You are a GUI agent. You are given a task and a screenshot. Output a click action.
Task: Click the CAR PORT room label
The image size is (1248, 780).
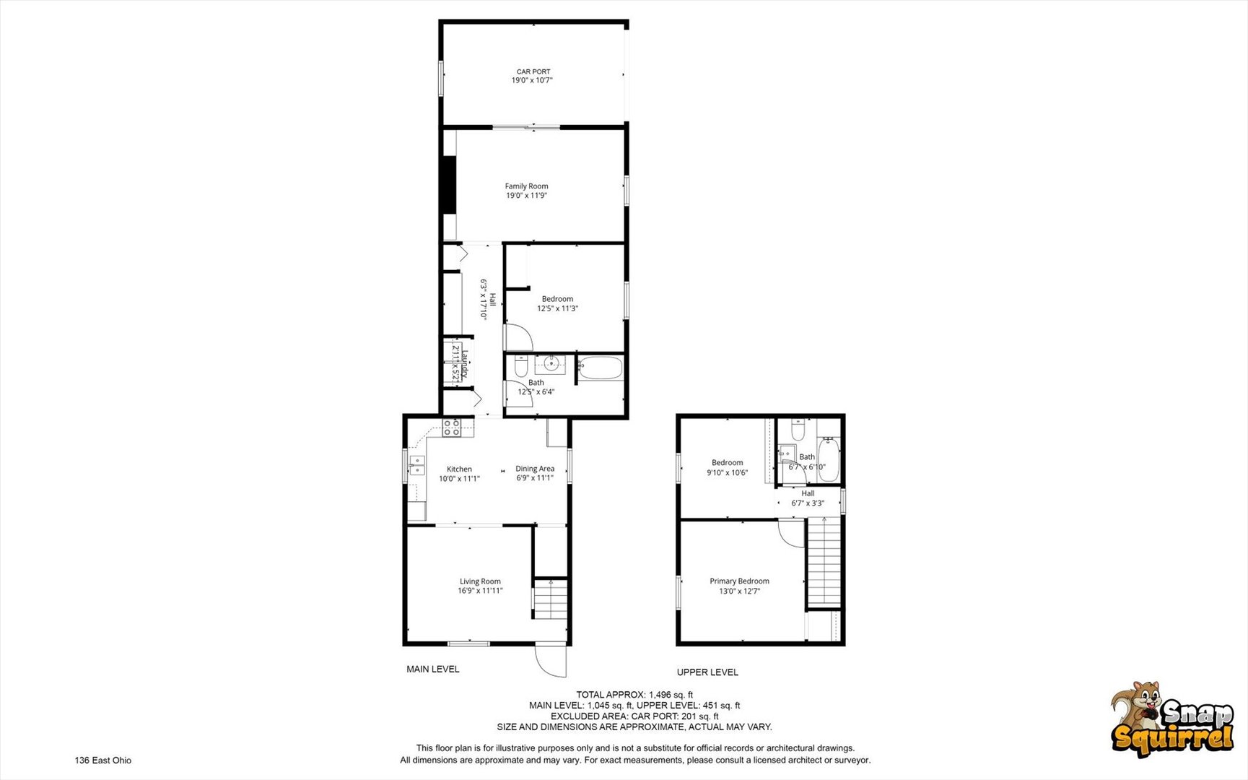[533, 71]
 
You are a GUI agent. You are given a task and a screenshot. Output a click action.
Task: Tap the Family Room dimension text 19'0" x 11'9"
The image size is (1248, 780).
[526, 196]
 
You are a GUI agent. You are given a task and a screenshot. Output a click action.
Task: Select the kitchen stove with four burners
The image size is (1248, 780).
[452, 428]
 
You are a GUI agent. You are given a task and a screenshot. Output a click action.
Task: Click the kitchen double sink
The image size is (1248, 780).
[417, 464]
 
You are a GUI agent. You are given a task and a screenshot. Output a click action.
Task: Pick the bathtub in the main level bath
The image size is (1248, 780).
[600, 368]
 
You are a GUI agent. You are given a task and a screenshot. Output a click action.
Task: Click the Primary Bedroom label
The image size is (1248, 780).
[739, 581]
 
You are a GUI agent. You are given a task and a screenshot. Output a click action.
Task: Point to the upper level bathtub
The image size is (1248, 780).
[829, 459]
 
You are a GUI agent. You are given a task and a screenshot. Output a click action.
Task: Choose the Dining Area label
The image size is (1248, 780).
[535, 469]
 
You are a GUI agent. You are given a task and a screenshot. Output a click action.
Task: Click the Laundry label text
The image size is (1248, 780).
[466, 363]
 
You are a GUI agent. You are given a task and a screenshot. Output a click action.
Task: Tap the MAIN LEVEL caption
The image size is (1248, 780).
[432, 669]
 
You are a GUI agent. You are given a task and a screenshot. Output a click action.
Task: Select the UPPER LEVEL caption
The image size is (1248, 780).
[707, 672]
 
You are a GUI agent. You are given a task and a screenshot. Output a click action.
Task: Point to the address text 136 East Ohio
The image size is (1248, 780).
[103, 760]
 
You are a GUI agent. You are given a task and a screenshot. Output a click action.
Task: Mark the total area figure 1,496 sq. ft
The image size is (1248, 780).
[671, 695]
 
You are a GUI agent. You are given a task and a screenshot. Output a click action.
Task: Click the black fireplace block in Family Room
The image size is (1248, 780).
[449, 184]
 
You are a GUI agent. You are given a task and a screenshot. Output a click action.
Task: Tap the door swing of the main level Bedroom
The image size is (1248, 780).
[518, 338]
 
